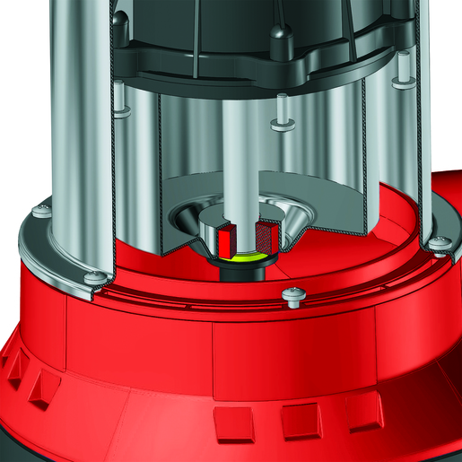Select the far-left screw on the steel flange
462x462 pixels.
[x=39, y=212]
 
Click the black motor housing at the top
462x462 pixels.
[x=224, y=36]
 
